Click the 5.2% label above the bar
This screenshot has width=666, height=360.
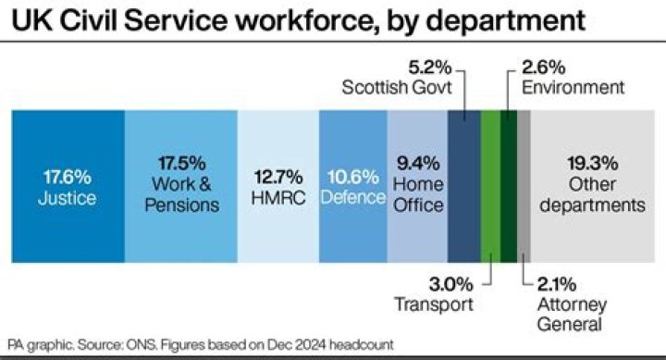pyautogui.click(x=428, y=67)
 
